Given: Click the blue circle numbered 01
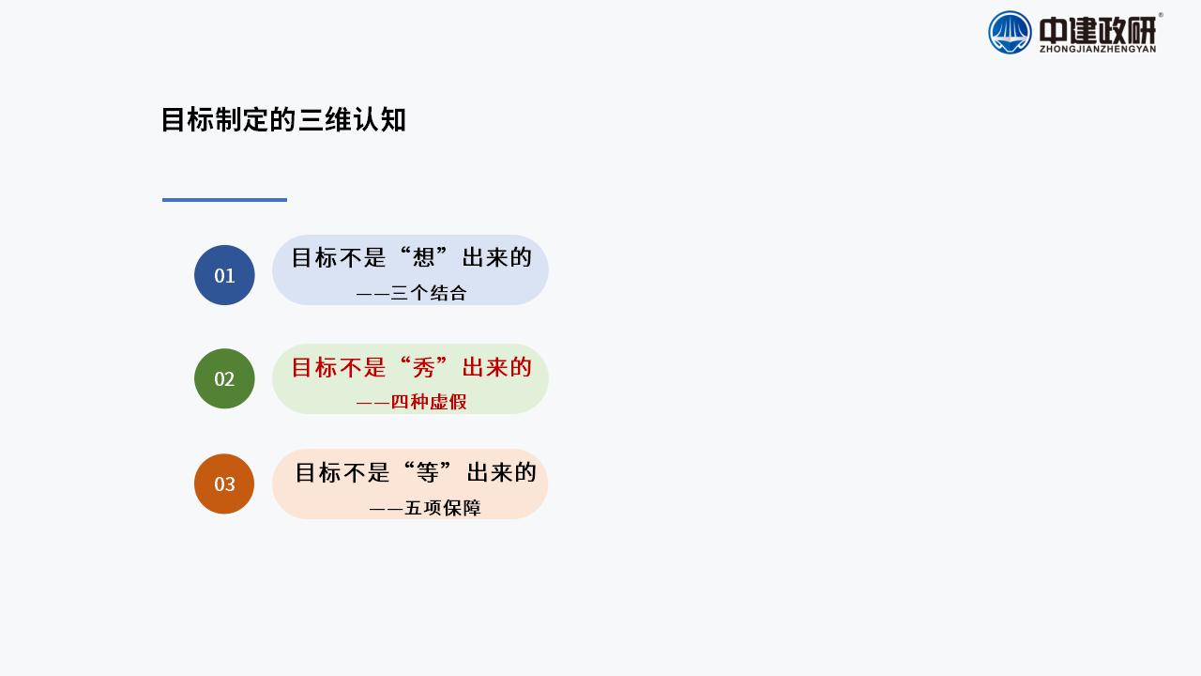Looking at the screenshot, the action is [224, 275].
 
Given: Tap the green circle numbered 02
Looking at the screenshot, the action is [224, 378].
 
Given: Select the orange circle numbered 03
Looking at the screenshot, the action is [224, 484].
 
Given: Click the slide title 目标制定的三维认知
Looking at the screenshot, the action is [283, 119].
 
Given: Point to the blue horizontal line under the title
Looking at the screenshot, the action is [224, 200].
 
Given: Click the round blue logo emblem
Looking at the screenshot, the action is [1010, 33].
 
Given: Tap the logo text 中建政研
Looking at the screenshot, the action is [1098, 31].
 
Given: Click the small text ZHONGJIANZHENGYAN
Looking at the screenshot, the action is [1098, 50].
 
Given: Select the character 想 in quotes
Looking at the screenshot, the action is [423, 258].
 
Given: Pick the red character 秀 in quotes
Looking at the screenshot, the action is [423, 368].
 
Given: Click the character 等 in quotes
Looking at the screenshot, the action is [427, 473].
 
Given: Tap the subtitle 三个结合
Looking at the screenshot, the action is [429, 293].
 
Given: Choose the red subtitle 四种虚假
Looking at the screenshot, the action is [429, 402].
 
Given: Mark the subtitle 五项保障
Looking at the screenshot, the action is [442, 508].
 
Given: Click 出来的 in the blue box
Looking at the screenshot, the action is [497, 258].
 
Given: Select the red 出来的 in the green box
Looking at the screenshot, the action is [497, 368].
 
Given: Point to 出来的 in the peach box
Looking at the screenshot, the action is [501, 473].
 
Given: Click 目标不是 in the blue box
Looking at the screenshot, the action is [339, 258].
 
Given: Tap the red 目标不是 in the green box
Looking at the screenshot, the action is [339, 368].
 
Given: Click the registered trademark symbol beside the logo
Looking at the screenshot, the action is [1161, 15].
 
